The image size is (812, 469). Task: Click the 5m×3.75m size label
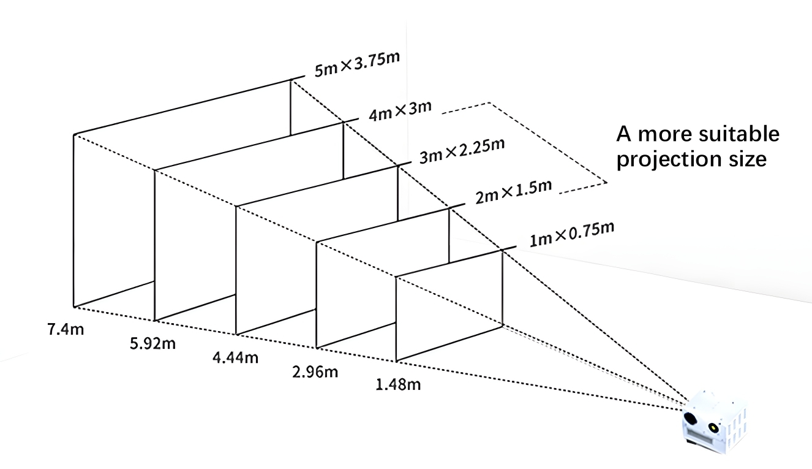click(x=357, y=64)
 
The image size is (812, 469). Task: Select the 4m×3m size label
click(x=400, y=111)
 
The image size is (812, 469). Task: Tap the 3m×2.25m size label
click(x=462, y=151)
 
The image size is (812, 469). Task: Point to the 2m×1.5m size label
click(x=514, y=192)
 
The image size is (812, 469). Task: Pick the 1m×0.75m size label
click(x=572, y=234)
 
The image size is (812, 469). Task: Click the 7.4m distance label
click(x=66, y=329)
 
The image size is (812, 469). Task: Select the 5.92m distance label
click(x=152, y=343)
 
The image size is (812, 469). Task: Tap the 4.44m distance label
click(x=235, y=357)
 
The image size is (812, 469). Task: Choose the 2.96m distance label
click(x=315, y=372)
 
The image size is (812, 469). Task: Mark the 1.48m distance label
click(x=398, y=384)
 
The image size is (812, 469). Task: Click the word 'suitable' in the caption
click(x=739, y=134)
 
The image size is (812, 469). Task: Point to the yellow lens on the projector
click(x=713, y=427)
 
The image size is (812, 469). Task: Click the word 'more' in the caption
click(x=665, y=135)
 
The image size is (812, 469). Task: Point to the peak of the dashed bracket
click(x=490, y=103)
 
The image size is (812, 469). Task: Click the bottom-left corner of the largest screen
click(x=74, y=307)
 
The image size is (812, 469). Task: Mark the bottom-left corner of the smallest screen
click(x=396, y=360)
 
